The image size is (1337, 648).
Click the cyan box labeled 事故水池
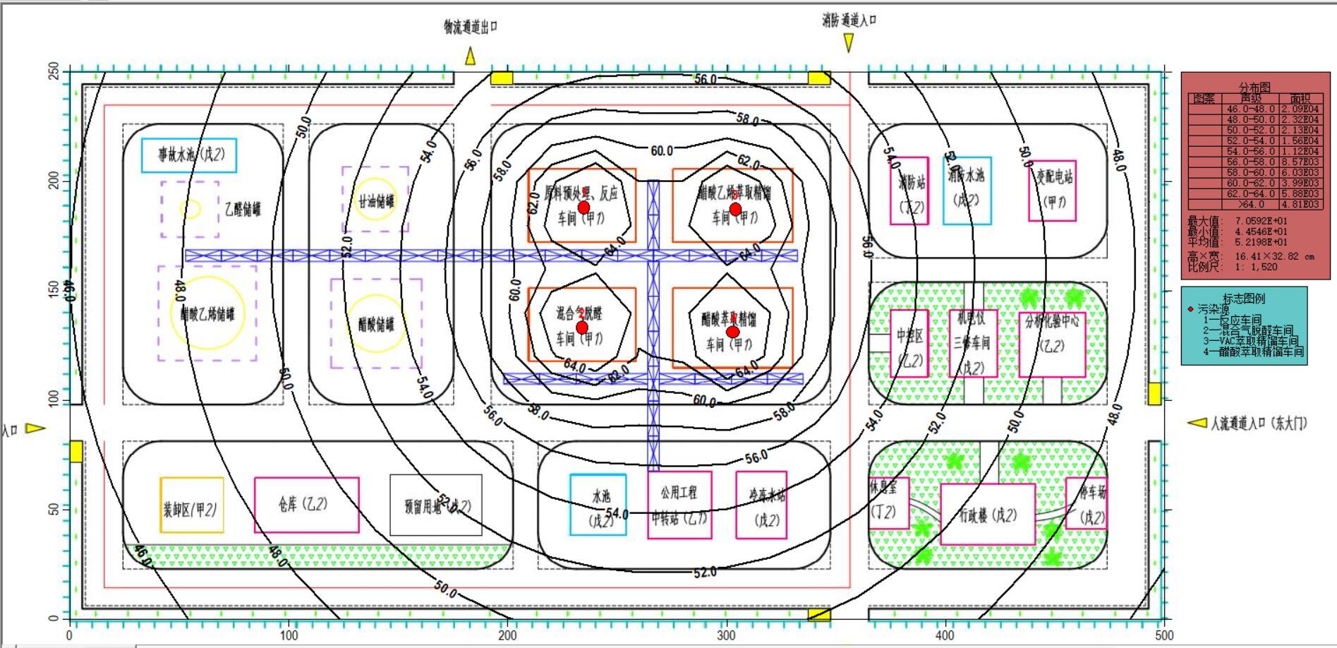tap(188, 155)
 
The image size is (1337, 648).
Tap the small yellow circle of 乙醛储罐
tap(190, 208)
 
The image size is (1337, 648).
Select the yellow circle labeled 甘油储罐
tap(375, 200)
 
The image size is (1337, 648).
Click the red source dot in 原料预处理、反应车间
tap(583, 208)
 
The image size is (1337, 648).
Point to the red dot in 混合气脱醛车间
tap(582, 328)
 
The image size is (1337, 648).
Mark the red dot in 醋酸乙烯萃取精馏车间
tap(735, 209)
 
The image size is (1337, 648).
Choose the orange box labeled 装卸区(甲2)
tap(191, 505)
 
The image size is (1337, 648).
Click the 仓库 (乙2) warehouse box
tap(306, 505)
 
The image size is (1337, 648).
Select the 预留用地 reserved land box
tap(436, 505)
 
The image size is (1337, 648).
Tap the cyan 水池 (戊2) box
tap(598, 504)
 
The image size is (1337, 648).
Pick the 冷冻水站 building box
tap(761, 505)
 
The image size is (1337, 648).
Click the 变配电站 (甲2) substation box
tap(1052, 191)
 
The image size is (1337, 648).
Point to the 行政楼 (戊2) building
tap(988, 514)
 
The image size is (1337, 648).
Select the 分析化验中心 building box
tap(1052, 344)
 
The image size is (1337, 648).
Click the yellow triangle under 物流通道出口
tap(470, 56)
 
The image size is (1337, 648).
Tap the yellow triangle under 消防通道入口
tap(849, 44)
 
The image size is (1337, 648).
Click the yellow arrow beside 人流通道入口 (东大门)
tap(1197, 423)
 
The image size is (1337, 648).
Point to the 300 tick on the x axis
tap(726, 635)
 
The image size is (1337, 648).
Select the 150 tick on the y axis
tap(54, 290)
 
